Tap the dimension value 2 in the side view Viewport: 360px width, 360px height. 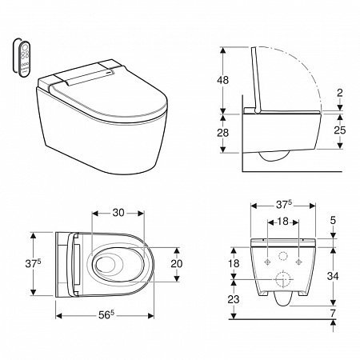340,94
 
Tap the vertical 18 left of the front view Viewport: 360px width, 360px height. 232,263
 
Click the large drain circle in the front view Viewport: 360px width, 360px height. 282,280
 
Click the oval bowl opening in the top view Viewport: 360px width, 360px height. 110,265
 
